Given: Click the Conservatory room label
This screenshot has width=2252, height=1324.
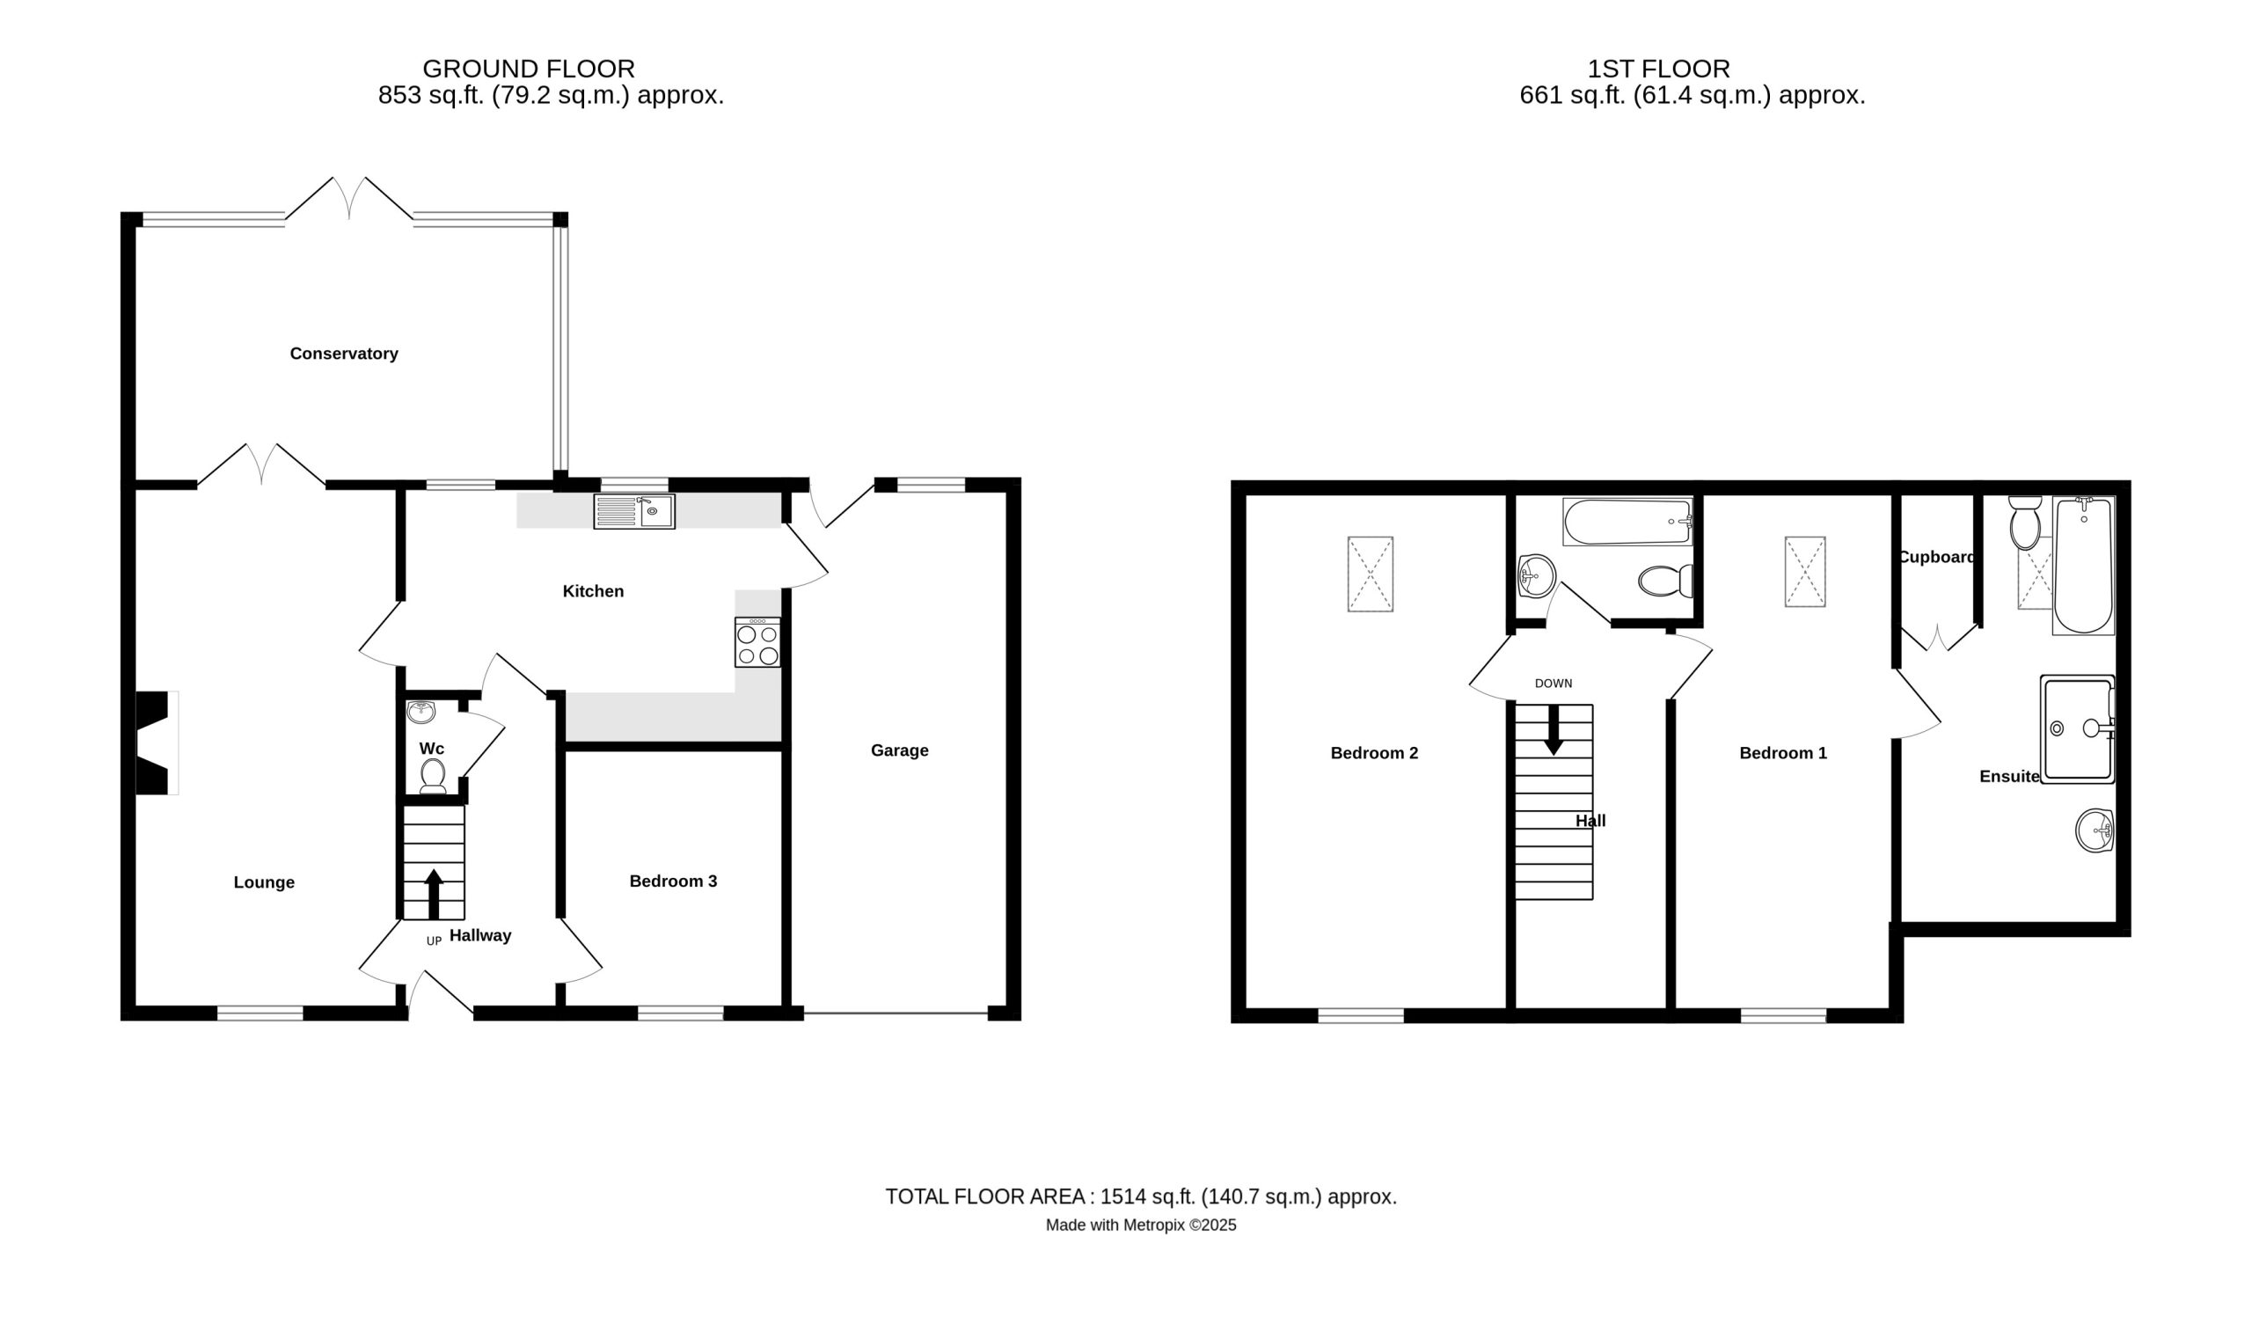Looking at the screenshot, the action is [344, 354].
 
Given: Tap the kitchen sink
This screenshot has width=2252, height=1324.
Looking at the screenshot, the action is [634, 511].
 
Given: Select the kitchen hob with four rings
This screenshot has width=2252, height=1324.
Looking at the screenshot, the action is [757, 643].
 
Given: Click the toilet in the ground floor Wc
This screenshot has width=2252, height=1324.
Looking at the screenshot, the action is [434, 776].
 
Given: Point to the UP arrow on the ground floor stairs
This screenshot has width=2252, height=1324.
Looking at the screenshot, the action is [434, 894].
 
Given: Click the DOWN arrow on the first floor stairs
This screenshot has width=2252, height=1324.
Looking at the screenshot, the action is [1554, 729].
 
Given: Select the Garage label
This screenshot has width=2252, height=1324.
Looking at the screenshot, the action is [900, 751].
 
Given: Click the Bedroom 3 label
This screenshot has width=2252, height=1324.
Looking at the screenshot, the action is [674, 881].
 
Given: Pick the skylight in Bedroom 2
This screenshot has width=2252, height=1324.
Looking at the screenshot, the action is [1370, 574].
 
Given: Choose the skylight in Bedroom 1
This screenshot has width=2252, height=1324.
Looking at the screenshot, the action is [1805, 571].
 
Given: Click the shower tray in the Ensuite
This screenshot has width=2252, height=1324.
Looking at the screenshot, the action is [2078, 729].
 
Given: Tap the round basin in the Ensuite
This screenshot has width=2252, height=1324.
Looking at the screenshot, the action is [2094, 830].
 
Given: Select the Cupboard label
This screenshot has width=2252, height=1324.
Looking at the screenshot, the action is [1936, 557].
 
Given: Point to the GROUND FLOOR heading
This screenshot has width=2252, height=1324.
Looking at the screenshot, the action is [529, 69].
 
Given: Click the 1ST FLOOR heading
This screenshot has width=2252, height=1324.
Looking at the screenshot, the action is [1658, 69].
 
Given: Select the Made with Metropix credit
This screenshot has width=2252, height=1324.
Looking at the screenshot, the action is [1141, 1225].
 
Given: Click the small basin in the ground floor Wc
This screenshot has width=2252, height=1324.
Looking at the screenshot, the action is [420, 713].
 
